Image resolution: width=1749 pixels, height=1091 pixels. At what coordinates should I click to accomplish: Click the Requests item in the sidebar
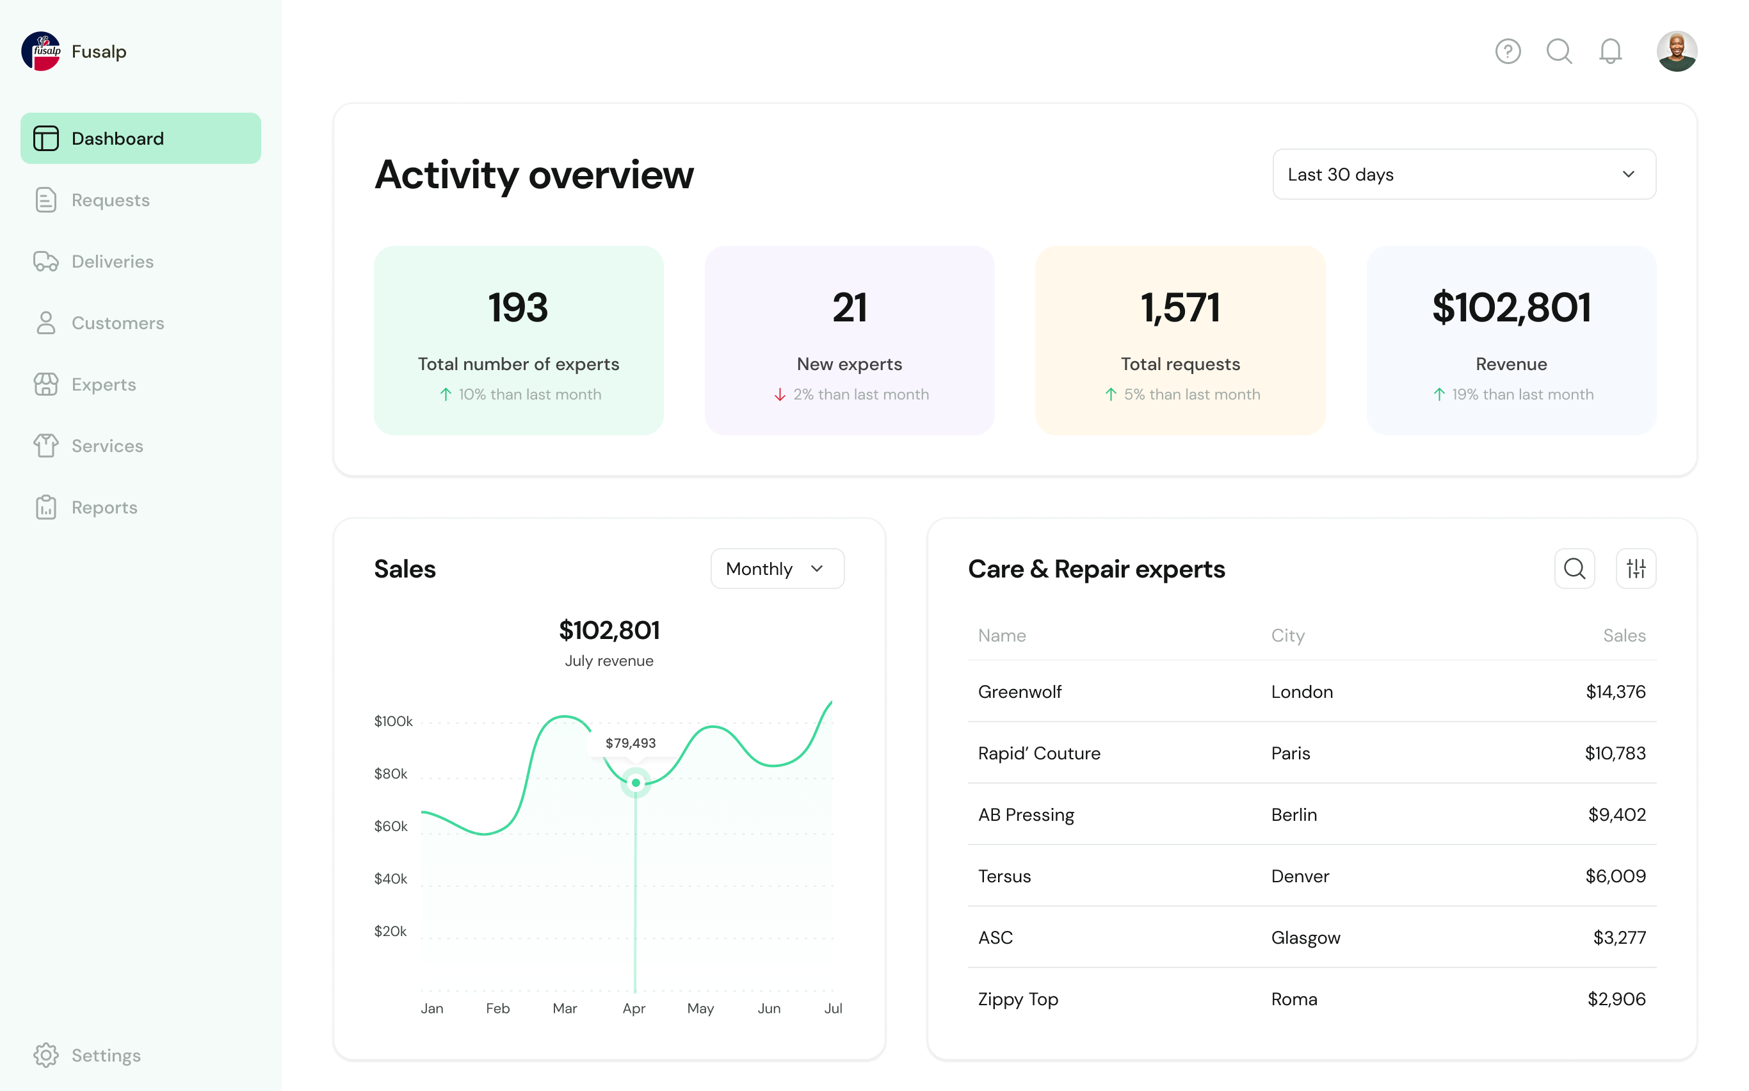109,200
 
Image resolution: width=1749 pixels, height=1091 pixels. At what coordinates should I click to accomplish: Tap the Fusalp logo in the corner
41,51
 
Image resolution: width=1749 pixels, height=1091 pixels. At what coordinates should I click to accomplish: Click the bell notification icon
1609,51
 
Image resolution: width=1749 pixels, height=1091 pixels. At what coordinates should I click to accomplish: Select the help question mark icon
1507,51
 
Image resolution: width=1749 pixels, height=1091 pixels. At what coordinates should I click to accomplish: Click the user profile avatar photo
1676,51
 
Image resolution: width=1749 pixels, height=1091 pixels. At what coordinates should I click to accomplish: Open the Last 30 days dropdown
1463,175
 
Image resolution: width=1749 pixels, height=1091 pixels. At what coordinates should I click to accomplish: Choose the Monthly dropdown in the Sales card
777,569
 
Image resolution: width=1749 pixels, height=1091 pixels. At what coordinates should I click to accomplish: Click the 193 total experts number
518,307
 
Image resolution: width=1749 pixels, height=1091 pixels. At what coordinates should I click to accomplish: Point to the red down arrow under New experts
780,394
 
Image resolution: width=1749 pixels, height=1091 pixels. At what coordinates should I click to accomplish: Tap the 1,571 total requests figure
1180,307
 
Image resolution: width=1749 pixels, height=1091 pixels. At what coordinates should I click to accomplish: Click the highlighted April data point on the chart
636,783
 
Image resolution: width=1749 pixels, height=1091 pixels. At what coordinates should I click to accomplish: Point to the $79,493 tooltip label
631,743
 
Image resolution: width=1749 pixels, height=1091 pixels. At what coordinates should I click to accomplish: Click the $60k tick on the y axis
391,826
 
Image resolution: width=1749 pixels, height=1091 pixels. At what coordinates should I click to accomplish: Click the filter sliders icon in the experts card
1636,569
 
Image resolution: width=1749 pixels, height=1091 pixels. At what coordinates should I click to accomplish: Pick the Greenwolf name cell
1020,692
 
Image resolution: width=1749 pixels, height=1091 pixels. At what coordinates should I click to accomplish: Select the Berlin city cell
1294,814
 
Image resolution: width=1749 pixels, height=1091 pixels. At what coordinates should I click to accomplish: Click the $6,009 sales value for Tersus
1615,876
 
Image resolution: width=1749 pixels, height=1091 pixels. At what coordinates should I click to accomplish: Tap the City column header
1287,636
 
